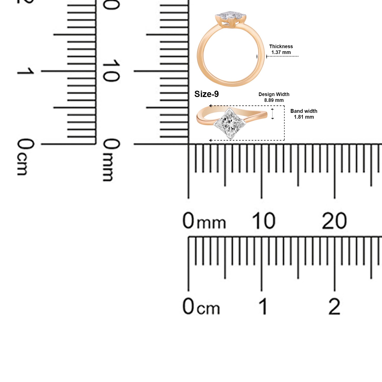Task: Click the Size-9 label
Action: (x=207, y=94)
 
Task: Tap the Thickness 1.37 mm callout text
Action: (x=281, y=49)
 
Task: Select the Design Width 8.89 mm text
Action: (x=274, y=97)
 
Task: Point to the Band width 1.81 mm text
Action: (x=304, y=114)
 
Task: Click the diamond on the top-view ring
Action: (x=230, y=124)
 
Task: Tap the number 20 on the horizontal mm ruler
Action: (x=334, y=221)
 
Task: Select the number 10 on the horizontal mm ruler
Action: (x=264, y=221)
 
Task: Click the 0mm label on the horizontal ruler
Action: (x=204, y=221)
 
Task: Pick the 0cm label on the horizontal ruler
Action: (x=201, y=306)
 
